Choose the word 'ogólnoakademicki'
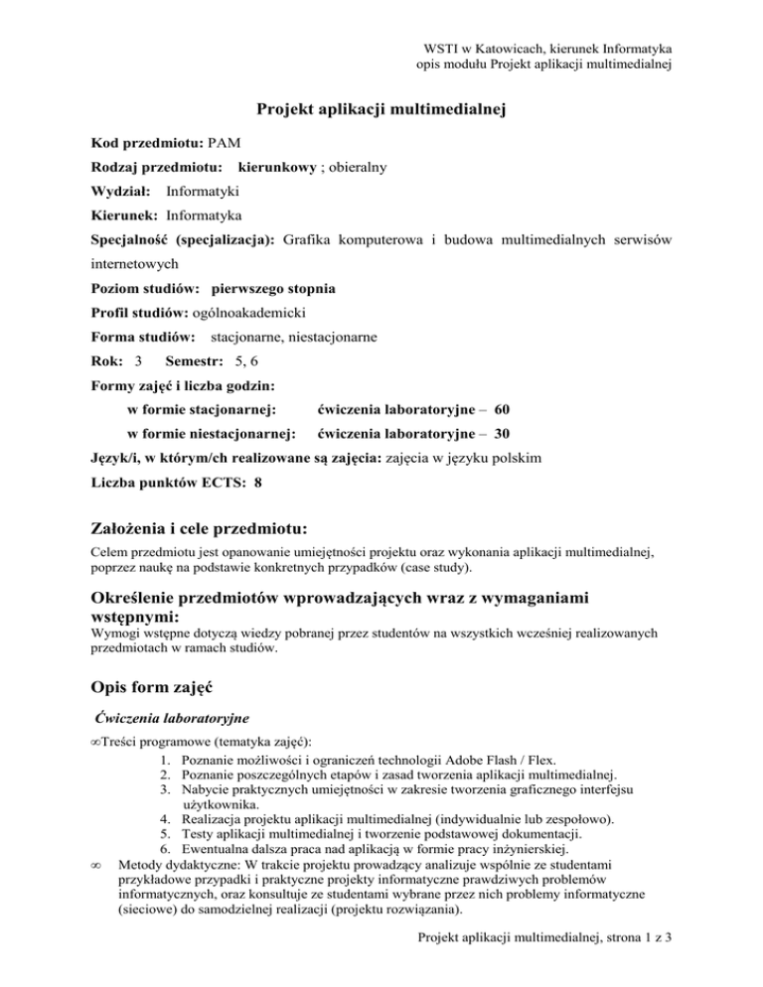click(x=248, y=314)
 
